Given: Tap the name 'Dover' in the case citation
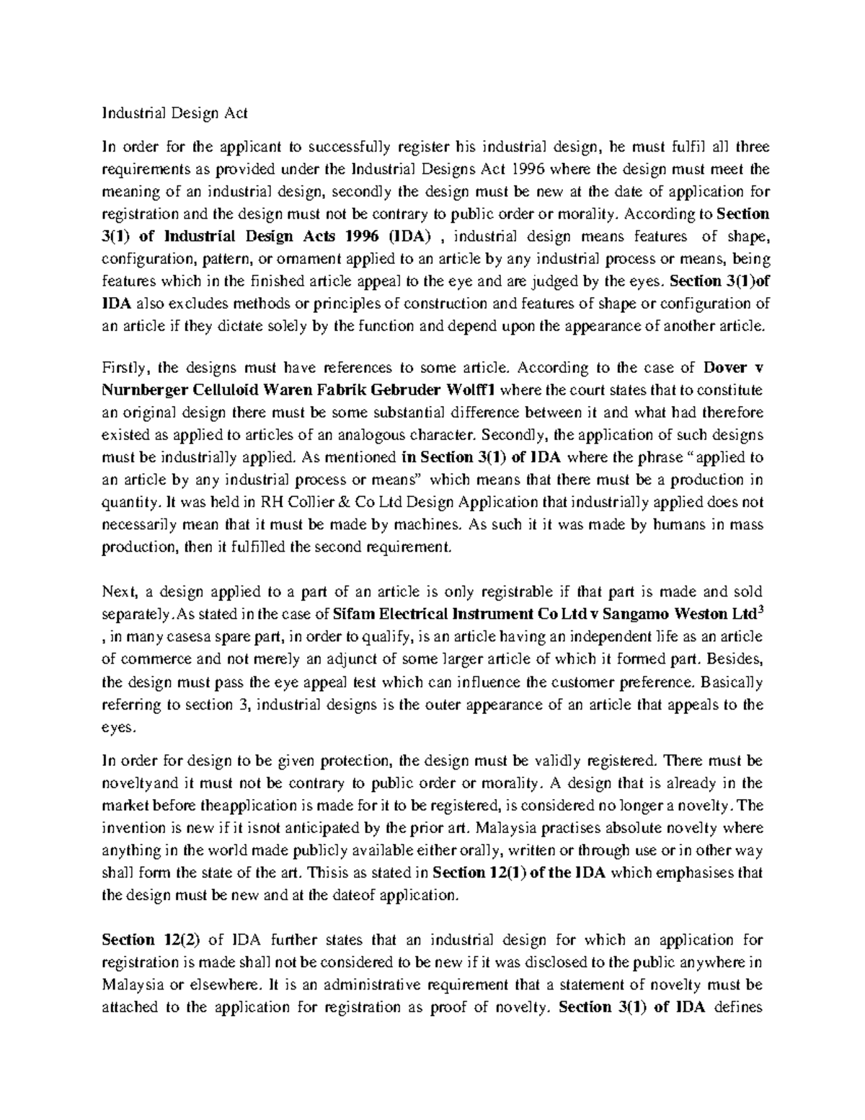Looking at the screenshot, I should click(725, 367).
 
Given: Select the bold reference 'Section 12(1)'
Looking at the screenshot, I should click(479, 873).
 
